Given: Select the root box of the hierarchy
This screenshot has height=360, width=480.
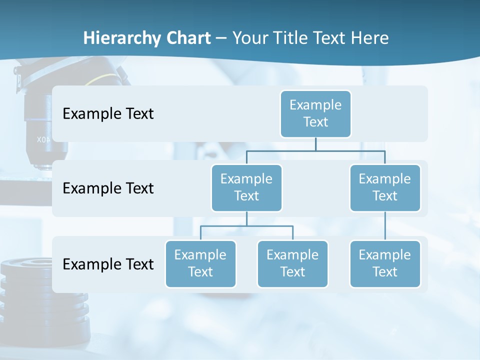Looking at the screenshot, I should click(x=315, y=113).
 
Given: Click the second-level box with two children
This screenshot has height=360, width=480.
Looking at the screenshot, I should click(x=246, y=187).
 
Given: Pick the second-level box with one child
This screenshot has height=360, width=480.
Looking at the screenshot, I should click(x=385, y=187).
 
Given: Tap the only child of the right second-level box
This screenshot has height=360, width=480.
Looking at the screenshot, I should click(x=385, y=263).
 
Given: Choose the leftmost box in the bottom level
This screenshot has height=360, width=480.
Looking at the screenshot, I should click(x=200, y=263).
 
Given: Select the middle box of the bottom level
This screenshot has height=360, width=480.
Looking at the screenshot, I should click(x=292, y=263).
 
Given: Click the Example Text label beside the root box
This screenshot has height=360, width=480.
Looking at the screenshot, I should click(x=108, y=113).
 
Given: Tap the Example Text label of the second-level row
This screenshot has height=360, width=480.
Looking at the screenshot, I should click(x=108, y=188).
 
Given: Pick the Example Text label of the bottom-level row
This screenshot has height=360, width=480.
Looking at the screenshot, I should click(x=108, y=264).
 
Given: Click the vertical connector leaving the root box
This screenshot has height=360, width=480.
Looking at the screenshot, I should click(x=315, y=144).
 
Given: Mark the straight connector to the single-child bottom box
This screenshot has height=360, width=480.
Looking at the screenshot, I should click(x=385, y=226).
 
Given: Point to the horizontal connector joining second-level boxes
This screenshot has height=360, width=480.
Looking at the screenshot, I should click(x=315, y=150).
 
